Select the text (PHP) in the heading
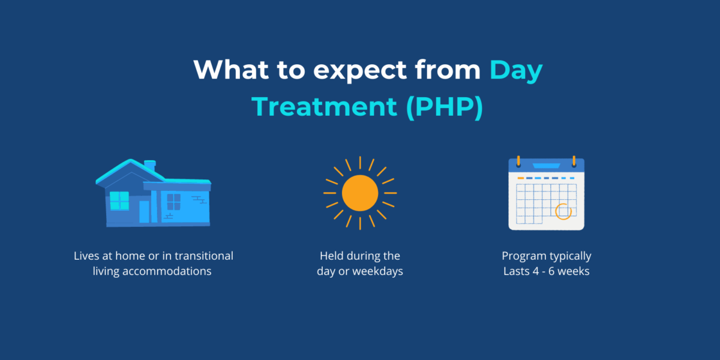pos(443,106)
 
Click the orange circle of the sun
pos(360,193)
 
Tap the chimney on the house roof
pos(150,164)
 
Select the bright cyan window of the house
pos(119,200)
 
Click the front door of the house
pos(145,212)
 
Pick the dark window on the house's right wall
pos(173,202)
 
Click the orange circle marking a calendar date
pos(563,211)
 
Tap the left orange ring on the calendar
pos(519,161)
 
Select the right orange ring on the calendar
pos(574,161)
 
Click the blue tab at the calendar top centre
pos(546,165)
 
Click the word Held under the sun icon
pos(332,256)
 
